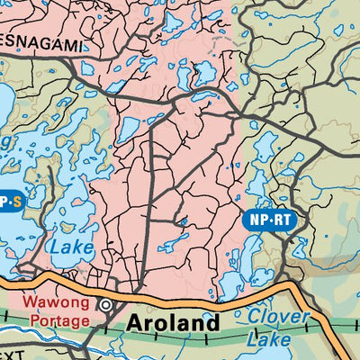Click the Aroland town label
click(172, 321)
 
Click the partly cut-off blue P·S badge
click(9, 201)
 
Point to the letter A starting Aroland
click(132, 321)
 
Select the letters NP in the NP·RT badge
click(256, 219)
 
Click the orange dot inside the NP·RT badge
click(269, 219)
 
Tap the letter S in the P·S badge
click(15, 201)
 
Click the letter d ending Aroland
click(212, 321)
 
